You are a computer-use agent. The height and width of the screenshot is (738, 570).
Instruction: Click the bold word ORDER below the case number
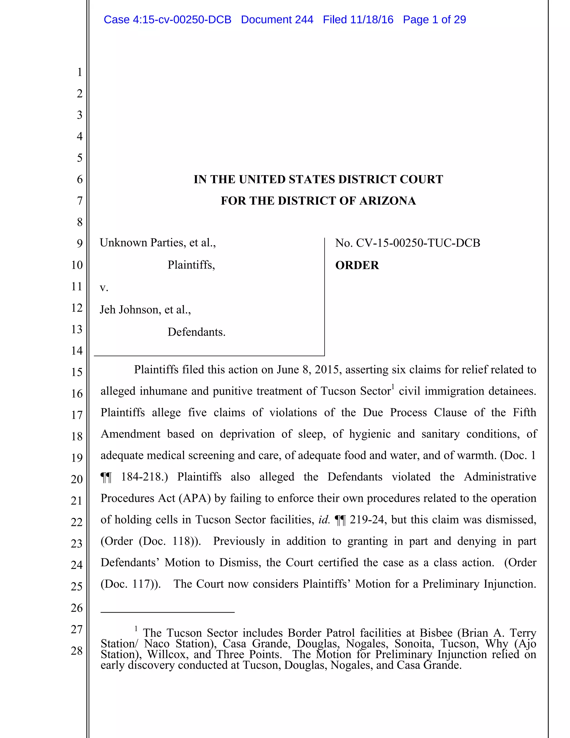click(x=357, y=265)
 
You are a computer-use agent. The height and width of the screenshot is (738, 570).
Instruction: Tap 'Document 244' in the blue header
click(x=277, y=19)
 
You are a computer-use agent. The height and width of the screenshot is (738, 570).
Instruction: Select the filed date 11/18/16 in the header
click(x=372, y=19)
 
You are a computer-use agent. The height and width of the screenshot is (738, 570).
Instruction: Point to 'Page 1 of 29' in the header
click(x=434, y=19)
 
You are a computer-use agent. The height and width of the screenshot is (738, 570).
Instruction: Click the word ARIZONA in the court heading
click(x=388, y=201)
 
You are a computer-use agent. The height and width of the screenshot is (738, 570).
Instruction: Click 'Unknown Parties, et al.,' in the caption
click(x=158, y=243)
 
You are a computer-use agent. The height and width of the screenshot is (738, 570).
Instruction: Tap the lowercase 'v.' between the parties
click(x=104, y=288)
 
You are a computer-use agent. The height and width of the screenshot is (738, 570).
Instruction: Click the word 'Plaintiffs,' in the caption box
click(x=191, y=265)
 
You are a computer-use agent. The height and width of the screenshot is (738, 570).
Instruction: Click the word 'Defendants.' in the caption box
click(x=196, y=332)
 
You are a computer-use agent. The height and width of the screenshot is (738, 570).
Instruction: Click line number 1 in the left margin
click(x=80, y=72)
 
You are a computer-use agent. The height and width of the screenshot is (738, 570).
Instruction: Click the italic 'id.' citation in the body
click(x=324, y=520)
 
